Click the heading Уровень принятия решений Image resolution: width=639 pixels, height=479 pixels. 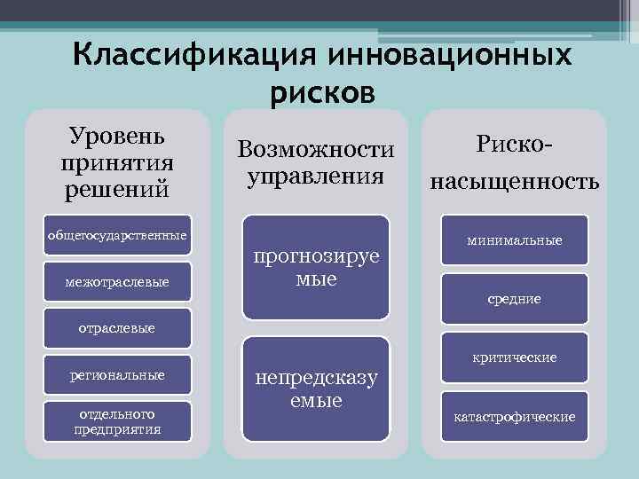click(116, 163)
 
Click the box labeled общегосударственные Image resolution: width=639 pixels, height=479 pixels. click(117, 236)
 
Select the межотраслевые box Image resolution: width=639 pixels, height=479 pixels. click(117, 282)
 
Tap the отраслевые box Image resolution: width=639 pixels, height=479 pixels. click(117, 328)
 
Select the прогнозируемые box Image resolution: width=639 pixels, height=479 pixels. click(316, 267)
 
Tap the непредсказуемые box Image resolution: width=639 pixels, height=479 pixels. click(316, 389)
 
